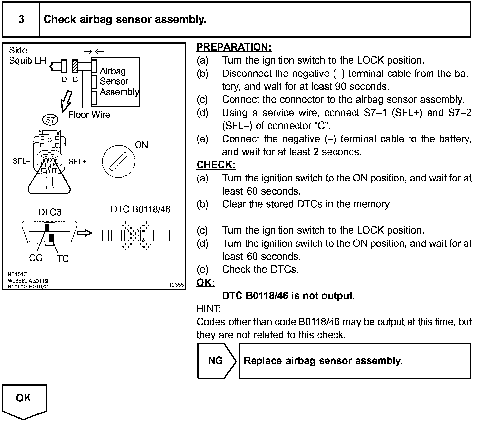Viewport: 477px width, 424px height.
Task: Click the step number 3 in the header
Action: pyautogui.click(x=21, y=19)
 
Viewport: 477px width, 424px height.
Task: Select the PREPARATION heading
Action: pyautogui.click(x=234, y=47)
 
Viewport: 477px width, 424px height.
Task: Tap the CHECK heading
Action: pyautogui.click(x=216, y=165)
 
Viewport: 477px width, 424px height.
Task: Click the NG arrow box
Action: pyautogui.click(x=216, y=361)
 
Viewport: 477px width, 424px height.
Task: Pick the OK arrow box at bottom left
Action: pyautogui.click(x=24, y=400)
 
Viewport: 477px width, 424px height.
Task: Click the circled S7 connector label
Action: pyautogui.click(x=50, y=120)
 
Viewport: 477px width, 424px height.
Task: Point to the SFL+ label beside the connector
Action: pyautogui.click(x=77, y=161)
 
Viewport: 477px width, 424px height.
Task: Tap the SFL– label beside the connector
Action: pyautogui.click(x=22, y=161)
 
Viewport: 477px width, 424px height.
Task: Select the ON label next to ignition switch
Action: pyautogui.click(x=141, y=145)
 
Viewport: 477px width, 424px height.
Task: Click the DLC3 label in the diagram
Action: pyautogui.click(x=50, y=212)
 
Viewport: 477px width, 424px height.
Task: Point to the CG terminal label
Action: pyautogui.click(x=36, y=258)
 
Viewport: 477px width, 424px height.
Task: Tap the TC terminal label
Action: pyautogui.click(x=63, y=259)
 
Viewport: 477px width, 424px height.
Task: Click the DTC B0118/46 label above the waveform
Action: pyautogui.click(x=141, y=209)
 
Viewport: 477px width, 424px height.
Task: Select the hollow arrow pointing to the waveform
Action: pyautogui.click(x=85, y=233)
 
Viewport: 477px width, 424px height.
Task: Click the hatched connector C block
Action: pyautogui.click(x=75, y=66)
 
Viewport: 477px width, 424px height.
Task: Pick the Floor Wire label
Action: pyautogui.click(x=89, y=115)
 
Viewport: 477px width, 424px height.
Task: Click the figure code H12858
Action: pyautogui.click(x=174, y=285)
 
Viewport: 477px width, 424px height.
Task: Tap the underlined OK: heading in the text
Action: pyautogui.click(x=205, y=283)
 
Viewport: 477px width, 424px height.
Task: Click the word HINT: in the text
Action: pyautogui.click(x=209, y=309)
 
